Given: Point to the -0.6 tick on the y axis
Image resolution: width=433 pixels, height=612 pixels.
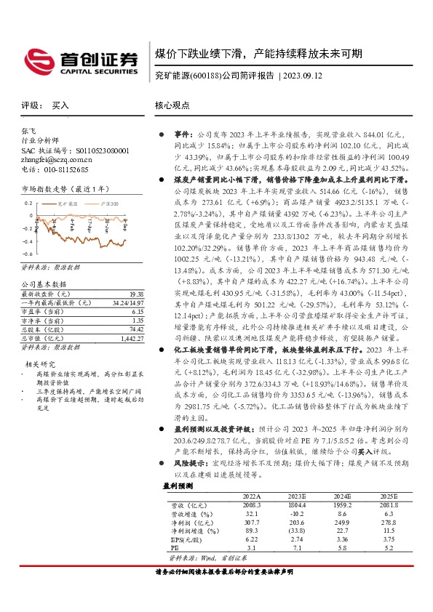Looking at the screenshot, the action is click(28, 254).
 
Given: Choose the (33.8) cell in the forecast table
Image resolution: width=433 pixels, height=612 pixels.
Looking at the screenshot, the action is click(297, 530).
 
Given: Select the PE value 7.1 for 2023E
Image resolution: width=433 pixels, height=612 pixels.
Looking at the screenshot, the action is click(297, 548).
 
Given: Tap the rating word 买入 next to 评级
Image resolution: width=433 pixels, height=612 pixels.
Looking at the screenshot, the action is click(60, 105).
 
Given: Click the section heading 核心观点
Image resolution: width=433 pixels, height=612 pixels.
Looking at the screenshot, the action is click(172, 105).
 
